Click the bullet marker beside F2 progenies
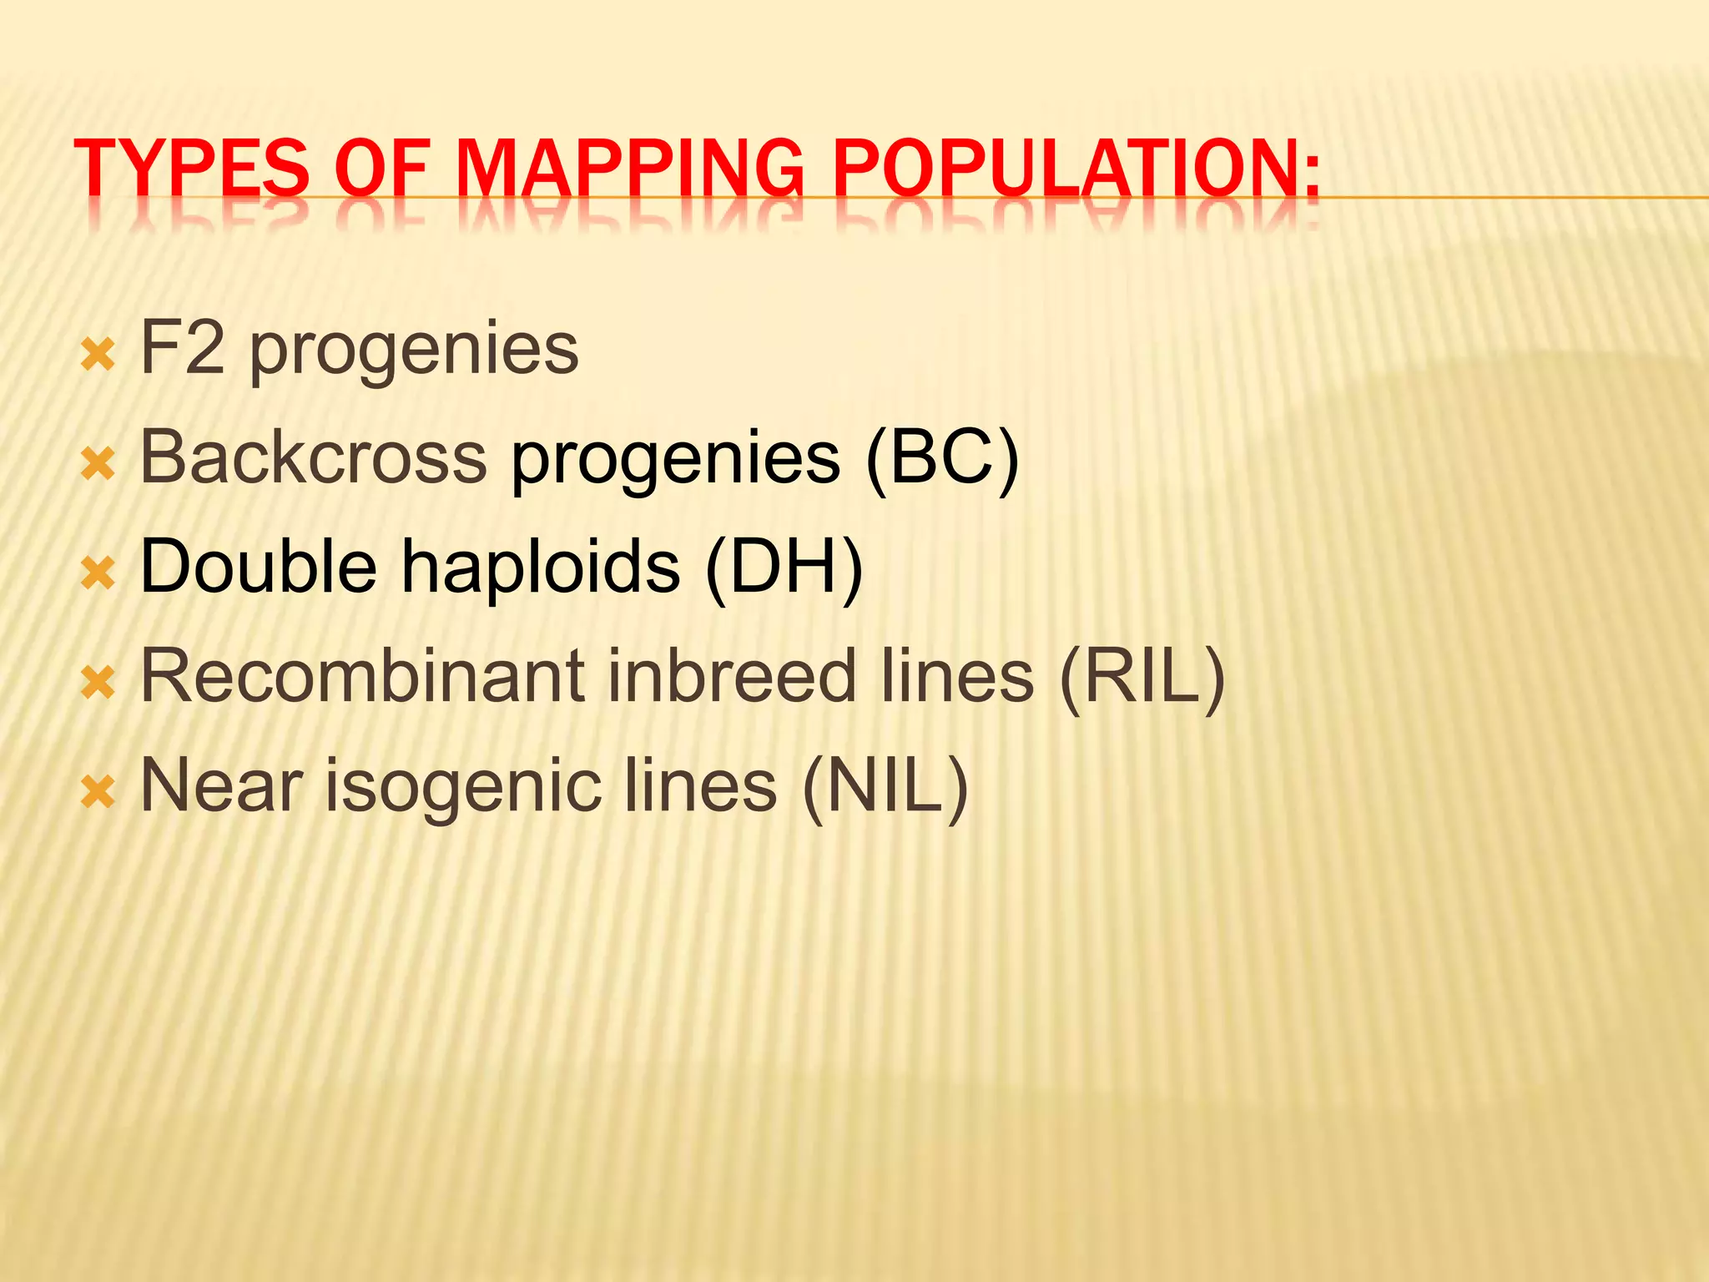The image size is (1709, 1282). point(98,356)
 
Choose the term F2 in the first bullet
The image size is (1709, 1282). point(183,348)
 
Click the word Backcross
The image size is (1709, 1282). point(314,457)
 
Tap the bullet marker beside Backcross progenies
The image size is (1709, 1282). point(98,464)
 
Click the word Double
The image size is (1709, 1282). point(259,567)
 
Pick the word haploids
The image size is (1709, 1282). point(542,567)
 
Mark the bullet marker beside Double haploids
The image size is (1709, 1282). point(98,573)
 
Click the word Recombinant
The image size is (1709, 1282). point(363,676)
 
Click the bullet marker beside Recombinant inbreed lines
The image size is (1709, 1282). point(98,683)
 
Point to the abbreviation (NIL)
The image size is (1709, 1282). point(885,786)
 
